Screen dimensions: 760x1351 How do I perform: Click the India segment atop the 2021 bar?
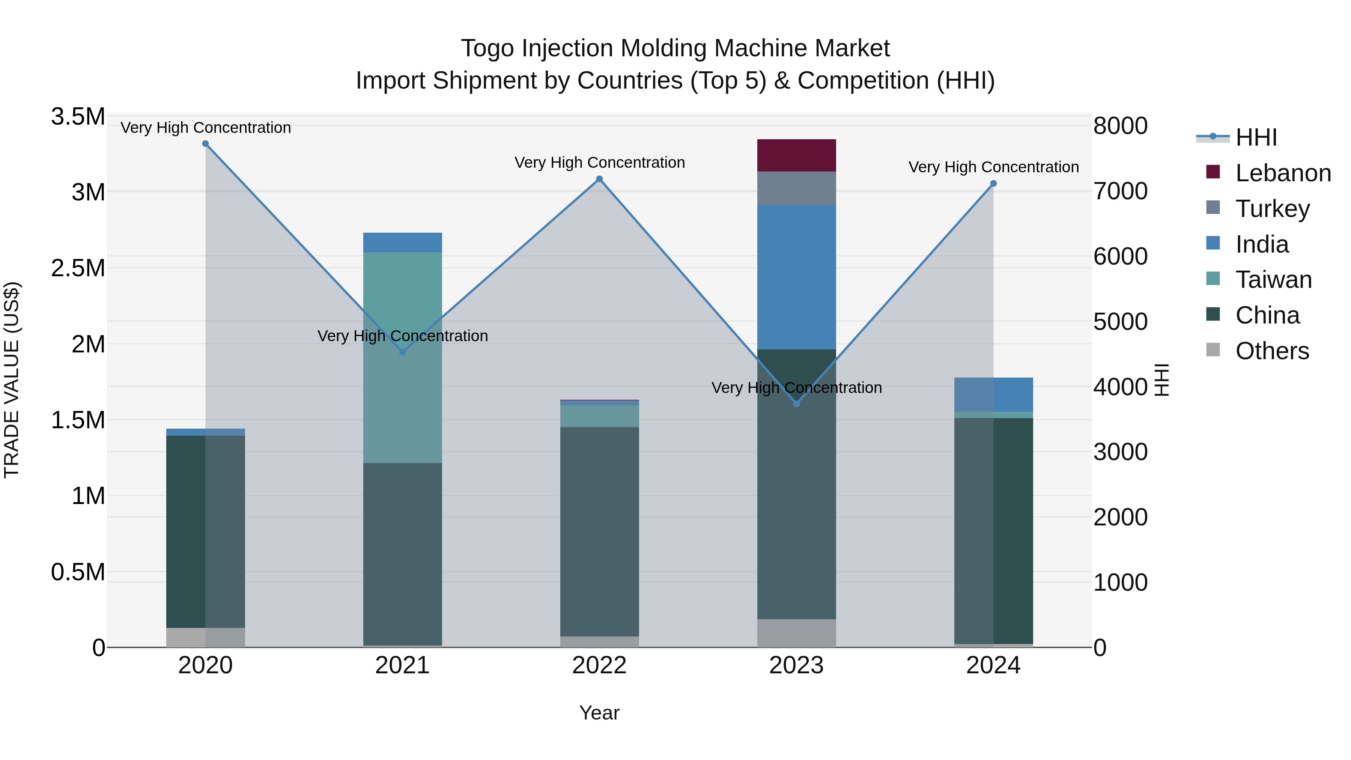[402, 242]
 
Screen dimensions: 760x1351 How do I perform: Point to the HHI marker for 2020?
[206, 144]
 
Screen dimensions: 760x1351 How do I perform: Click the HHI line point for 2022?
[599, 179]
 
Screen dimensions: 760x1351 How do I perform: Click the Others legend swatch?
[1213, 350]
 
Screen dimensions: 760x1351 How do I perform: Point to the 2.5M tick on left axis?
[78, 268]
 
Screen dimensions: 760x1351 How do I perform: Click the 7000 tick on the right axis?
[1120, 191]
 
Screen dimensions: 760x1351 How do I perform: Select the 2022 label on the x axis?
[599, 665]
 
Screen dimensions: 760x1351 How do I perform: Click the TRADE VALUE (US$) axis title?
[12, 380]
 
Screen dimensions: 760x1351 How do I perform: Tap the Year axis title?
[599, 713]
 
